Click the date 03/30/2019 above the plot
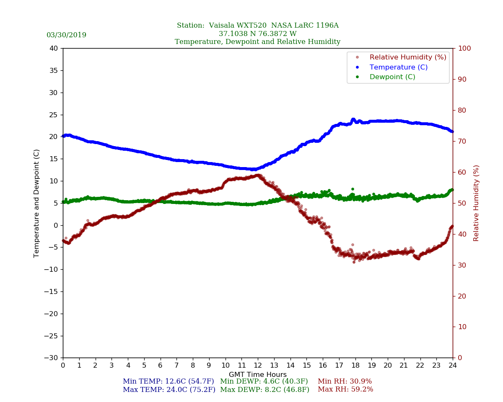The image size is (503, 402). pos(66,35)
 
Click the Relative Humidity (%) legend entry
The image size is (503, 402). pos(407,57)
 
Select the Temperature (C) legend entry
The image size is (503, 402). pos(398,67)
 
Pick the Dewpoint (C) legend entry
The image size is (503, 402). pos(392,77)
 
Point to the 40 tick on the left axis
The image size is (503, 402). pos(54,48)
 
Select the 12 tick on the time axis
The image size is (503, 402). pos(258,366)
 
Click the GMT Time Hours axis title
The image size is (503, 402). pos(258,375)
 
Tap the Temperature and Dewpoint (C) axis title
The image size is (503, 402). pos(37,203)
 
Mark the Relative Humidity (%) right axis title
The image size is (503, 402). pos(476,203)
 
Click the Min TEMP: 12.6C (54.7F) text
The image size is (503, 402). pos(168,381)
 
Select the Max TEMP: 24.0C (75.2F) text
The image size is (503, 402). pos(169,389)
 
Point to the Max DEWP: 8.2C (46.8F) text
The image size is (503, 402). pos(264,389)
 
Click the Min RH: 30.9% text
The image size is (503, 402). pos(345,381)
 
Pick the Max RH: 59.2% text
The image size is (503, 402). pos(345,389)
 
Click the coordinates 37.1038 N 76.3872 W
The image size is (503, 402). pos(257,34)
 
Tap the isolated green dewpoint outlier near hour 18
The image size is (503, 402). pos(353,189)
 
